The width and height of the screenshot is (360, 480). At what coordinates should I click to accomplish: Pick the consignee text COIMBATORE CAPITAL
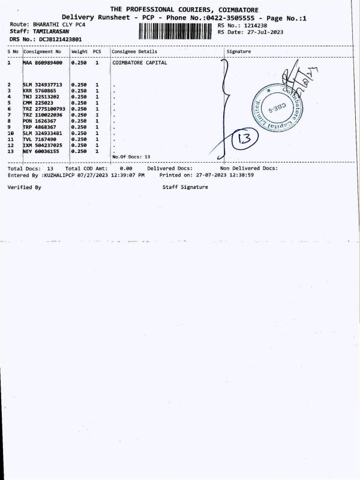point(140,62)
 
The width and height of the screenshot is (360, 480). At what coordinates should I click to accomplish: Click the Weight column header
point(79,52)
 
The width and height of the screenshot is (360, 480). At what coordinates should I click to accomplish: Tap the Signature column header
point(239,52)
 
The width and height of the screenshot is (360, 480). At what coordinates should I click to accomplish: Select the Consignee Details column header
point(134,52)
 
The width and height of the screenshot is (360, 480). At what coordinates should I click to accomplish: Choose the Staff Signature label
point(185,187)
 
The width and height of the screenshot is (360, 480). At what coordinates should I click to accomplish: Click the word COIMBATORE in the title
point(230,10)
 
